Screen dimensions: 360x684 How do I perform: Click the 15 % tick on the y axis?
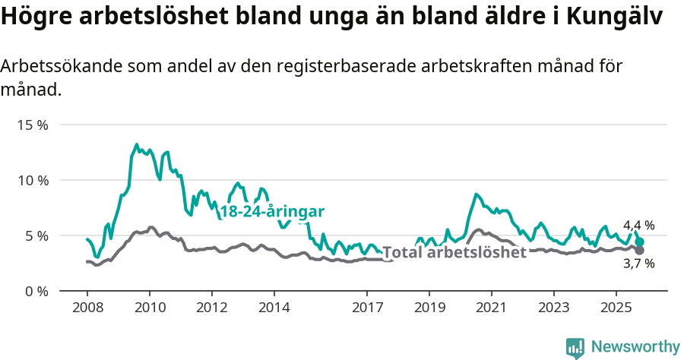(x=32, y=125)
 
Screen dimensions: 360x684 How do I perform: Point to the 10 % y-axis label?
(x=32, y=180)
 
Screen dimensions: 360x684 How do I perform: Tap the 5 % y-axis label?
(x=35, y=235)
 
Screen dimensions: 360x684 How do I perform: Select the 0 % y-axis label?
(x=35, y=291)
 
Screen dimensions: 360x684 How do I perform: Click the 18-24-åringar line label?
(x=272, y=212)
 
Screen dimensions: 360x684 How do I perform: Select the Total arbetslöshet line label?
(x=454, y=252)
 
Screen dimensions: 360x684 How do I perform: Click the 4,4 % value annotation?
(x=638, y=226)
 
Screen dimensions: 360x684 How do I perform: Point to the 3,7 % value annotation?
(x=638, y=264)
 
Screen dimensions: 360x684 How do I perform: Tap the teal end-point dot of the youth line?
(x=640, y=242)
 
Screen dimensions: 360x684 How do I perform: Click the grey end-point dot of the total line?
(x=640, y=250)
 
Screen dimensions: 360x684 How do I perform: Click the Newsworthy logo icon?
(x=575, y=347)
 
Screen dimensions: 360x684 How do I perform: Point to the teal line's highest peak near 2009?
(x=137, y=144)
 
